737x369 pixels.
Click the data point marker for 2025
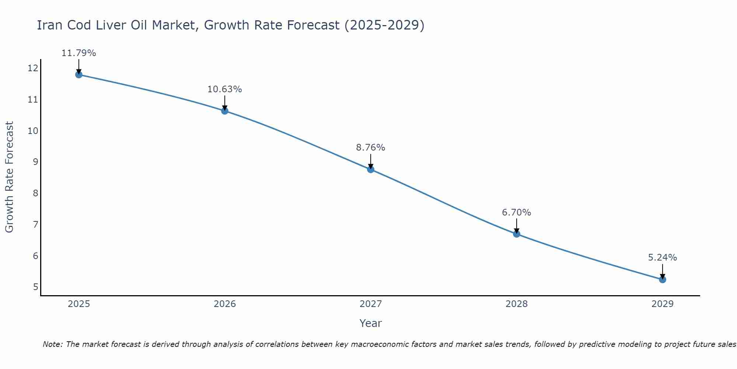tap(78, 75)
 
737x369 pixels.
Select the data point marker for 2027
tap(371, 169)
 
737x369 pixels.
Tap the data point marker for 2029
tap(663, 279)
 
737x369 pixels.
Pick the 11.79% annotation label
tap(78, 53)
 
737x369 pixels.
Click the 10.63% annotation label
tap(224, 89)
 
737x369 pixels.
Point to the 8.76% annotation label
tap(370, 148)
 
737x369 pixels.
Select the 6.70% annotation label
tap(516, 213)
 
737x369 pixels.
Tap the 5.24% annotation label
tap(662, 258)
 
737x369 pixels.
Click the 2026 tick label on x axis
tap(225, 304)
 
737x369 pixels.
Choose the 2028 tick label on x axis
tap(517, 304)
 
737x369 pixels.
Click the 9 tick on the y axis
tap(35, 162)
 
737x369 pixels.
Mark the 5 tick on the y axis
tap(35, 287)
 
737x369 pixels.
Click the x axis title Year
tap(370, 323)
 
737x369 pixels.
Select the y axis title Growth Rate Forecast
tap(9, 177)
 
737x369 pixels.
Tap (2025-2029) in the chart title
tap(384, 25)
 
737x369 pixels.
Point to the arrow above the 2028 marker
tap(516, 225)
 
